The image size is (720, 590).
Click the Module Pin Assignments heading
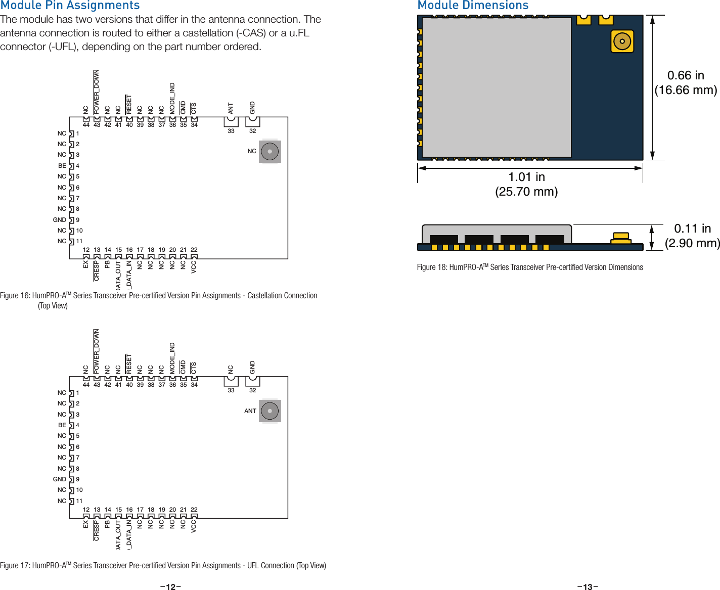[70, 6]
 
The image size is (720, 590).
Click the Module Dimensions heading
[473, 6]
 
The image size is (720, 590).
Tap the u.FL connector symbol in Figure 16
[270, 152]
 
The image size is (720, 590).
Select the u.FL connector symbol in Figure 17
[270, 411]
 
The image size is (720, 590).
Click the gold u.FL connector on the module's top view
[622, 41]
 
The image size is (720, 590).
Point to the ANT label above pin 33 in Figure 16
[231, 108]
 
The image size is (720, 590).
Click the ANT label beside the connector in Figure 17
[250, 411]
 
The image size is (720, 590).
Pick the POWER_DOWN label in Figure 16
[97, 92]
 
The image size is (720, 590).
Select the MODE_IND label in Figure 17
[172, 358]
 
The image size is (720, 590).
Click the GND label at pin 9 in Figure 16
[60, 220]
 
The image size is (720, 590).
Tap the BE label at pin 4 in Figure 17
[62, 425]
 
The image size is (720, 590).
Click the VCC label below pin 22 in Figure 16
[194, 267]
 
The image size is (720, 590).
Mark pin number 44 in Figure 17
[86, 385]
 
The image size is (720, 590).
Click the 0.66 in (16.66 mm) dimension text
[686, 83]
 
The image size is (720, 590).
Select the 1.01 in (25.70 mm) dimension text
[526, 184]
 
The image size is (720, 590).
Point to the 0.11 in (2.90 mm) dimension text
[692, 236]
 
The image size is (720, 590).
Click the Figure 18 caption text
[530, 267]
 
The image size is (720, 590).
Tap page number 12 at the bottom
[171, 586]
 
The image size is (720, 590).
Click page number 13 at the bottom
[588, 586]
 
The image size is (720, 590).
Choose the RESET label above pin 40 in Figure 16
[129, 104]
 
